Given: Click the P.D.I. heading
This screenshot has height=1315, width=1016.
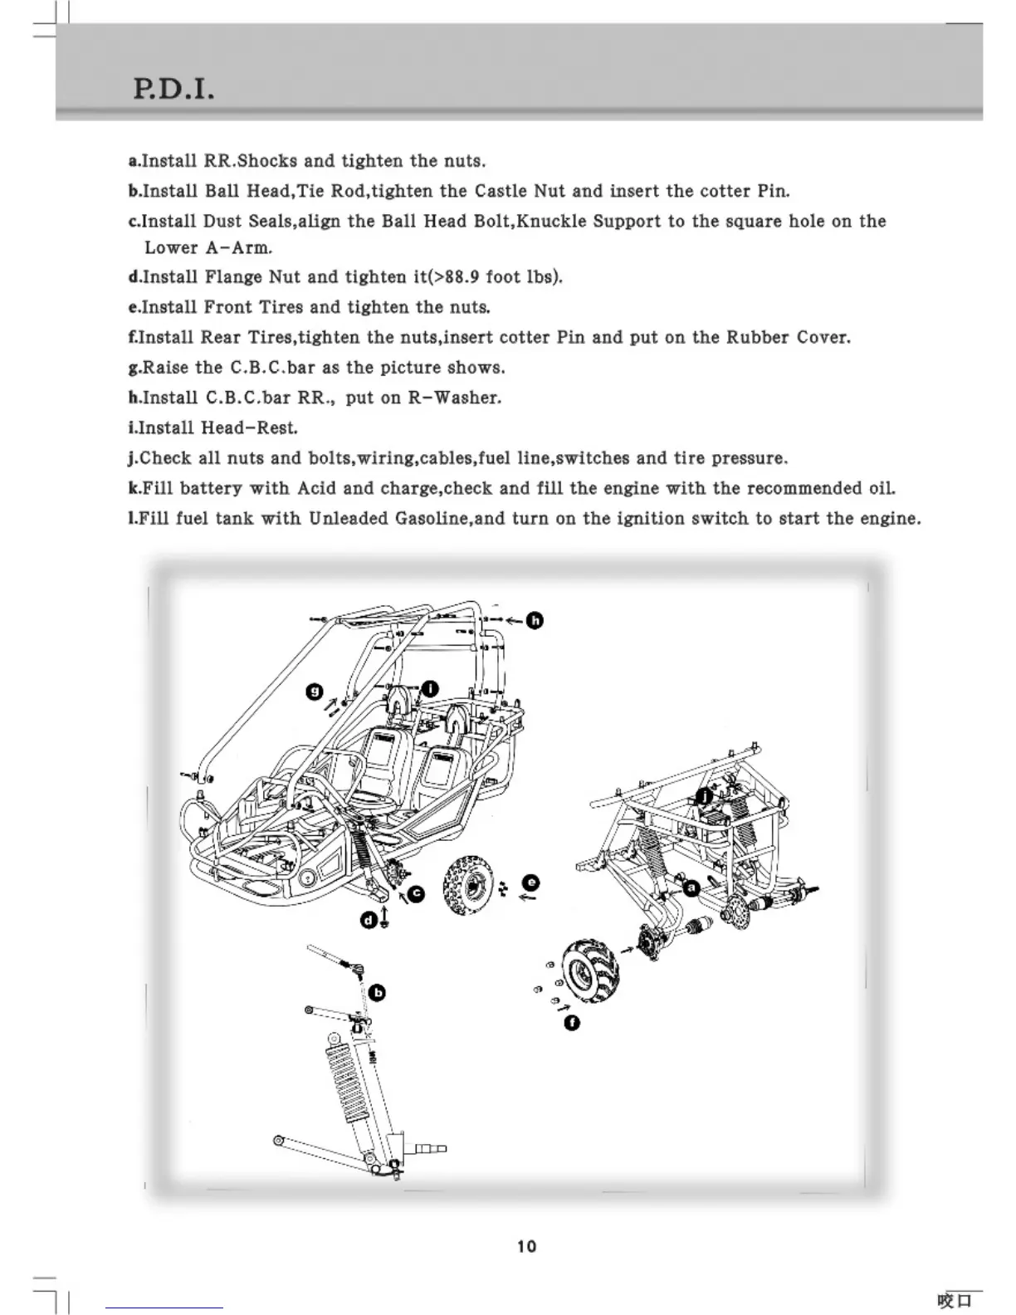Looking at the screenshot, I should [174, 86].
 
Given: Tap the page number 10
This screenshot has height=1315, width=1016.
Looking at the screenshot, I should [526, 1246].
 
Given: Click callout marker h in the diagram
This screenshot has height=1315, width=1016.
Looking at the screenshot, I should [536, 621].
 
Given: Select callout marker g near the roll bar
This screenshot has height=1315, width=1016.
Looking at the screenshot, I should [315, 692].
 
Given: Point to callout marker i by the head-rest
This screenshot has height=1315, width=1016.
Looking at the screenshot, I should [431, 688].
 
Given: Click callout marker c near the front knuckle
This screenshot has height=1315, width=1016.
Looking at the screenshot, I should [417, 893].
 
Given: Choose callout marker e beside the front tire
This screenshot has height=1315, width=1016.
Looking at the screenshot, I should [531, 882].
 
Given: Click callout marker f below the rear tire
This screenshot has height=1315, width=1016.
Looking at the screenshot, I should [570, 1022].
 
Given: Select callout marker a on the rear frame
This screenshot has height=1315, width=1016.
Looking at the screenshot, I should [691, 887].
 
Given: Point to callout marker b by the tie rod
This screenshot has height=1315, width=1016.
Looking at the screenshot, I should [377, 993].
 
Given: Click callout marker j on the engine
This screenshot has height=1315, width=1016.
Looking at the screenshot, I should [704, 796].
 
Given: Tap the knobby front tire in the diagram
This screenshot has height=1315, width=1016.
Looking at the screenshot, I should [470, 887].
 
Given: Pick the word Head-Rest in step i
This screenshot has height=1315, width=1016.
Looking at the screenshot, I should [249, 428].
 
